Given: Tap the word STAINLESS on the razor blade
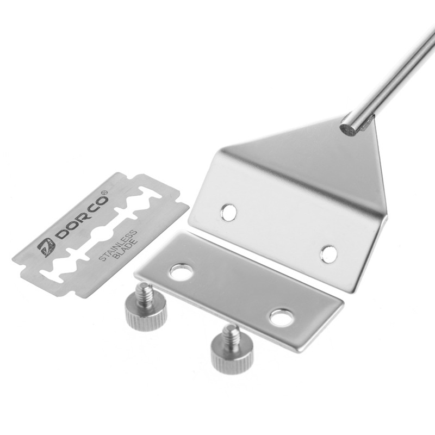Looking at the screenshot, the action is (x=117, y=245).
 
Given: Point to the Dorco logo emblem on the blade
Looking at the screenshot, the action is (x=46, y=247).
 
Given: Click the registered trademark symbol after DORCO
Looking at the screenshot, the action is (x=104, y=193).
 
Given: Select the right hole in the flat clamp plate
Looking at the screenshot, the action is (x=282, y=317).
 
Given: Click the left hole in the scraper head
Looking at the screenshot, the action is (x=229, y=212).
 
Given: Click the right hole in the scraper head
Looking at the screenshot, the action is (x=329, y=254).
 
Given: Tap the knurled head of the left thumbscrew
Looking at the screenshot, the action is (x=146, y=313).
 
